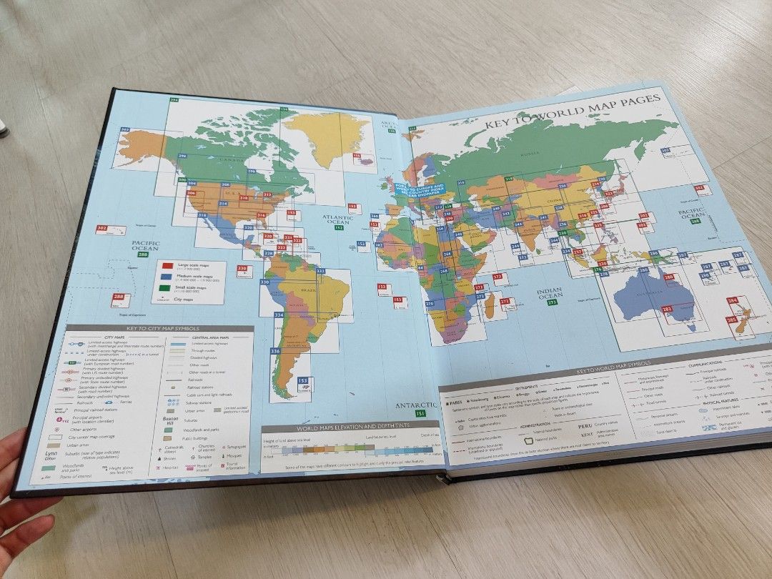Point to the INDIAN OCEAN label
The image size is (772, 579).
[550, 292]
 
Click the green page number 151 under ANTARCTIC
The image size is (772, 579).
[421, 413]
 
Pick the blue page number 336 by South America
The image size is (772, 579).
[275, 352]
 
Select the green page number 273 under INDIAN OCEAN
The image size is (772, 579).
[552, 303]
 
